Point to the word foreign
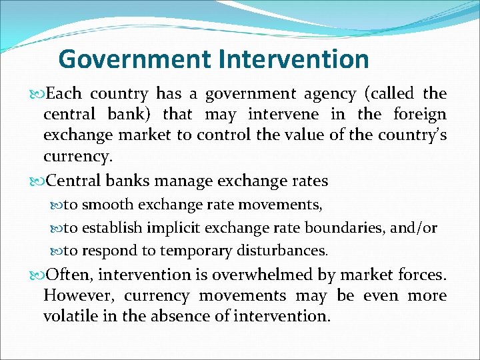pos(420,115)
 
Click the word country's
pos(413,135)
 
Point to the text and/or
pos(413,228)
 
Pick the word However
pos(75,296)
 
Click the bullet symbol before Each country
pos(37,94)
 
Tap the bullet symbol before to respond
pos(57,251)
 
